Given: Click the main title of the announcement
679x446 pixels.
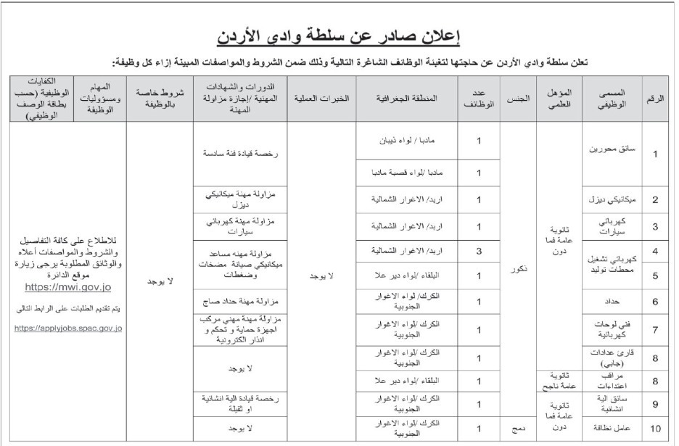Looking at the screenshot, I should pos(339,35).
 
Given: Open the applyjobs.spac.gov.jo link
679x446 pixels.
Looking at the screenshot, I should pos(68,328).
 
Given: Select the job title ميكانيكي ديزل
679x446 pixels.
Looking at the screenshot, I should pos(614,199).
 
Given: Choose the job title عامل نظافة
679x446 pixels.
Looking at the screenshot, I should pos(614,429).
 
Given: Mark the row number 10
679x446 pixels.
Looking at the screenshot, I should pos(655,429).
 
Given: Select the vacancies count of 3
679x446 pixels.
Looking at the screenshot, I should pos(480,250).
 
